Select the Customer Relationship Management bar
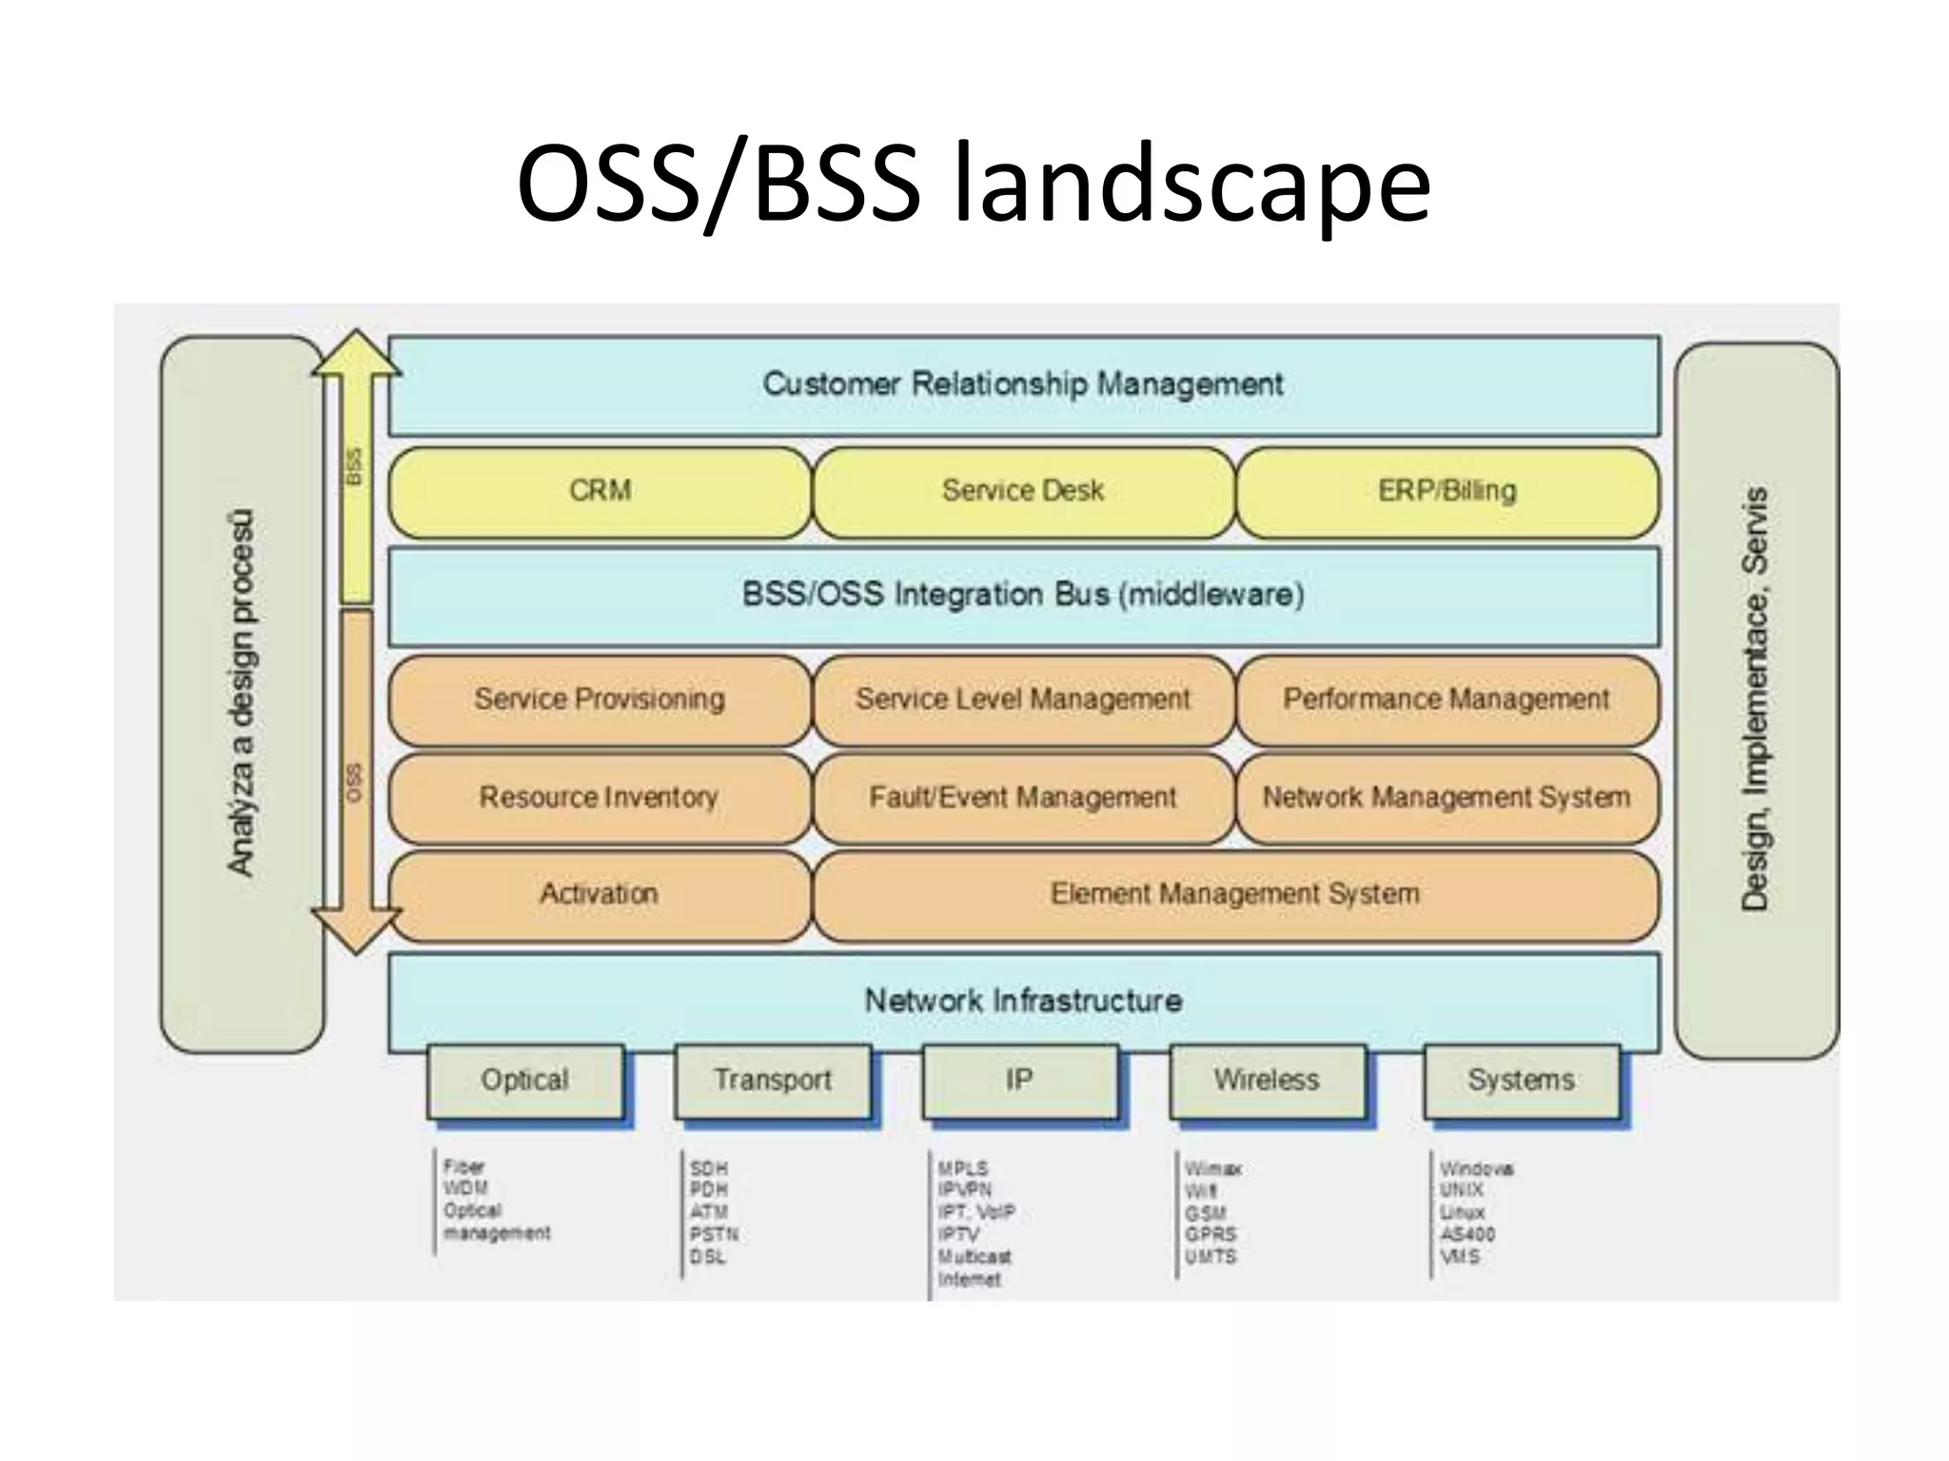(1023, 384)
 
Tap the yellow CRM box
(600, 491)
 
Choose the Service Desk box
(1023, 491)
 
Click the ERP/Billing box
(1447, 491)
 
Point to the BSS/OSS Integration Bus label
(1023, 595)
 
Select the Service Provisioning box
(600, 699)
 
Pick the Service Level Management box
(1023, 699)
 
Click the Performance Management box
(1447, 699)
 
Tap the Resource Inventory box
(600, 797)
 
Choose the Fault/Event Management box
(1023, 797)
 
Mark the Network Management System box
(1447, 797)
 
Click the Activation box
(600, 894)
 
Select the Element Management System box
(1235, 894)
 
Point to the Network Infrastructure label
(1023, 1001)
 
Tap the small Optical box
(525, 1081)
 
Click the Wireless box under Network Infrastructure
(1267, 1081)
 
